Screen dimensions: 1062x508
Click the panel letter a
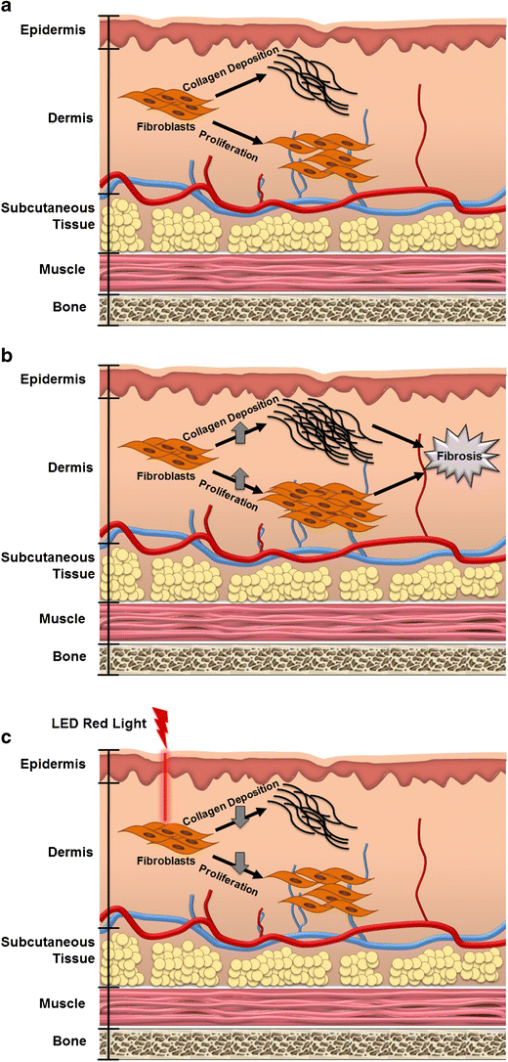click(x=8, y=8)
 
